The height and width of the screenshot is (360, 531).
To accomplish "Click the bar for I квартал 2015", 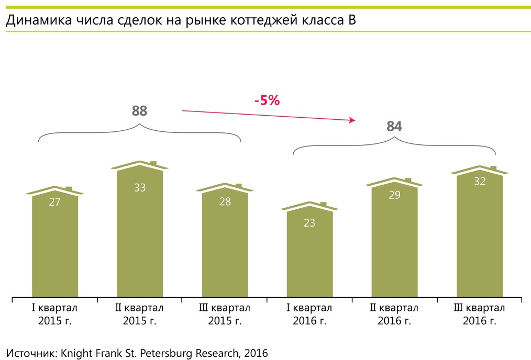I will (x=55, y=246).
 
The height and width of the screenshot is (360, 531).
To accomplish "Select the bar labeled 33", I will (x=140, y=235).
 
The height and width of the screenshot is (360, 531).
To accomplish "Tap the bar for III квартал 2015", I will (x=225, y=246).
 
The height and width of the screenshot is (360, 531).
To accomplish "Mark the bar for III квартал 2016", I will (x=480, y=238).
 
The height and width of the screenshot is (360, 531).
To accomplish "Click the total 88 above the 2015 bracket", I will (x=140, y=111).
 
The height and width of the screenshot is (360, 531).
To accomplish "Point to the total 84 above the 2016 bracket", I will (x=394, y=127).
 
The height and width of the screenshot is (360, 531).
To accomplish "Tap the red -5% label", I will (x=267, y=100).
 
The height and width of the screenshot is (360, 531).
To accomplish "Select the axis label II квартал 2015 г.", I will (x=140, y=314).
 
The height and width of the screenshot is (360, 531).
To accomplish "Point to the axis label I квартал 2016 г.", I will (x=309, y=314).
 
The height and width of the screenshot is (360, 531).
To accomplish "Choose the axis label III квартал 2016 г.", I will (x=480, y=314).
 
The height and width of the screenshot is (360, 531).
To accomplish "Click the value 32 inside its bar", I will (x=480, y=182).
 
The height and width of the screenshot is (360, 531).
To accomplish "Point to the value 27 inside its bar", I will (x=55, y=202).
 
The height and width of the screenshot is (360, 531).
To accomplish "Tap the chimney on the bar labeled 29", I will (x=408, y=179).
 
